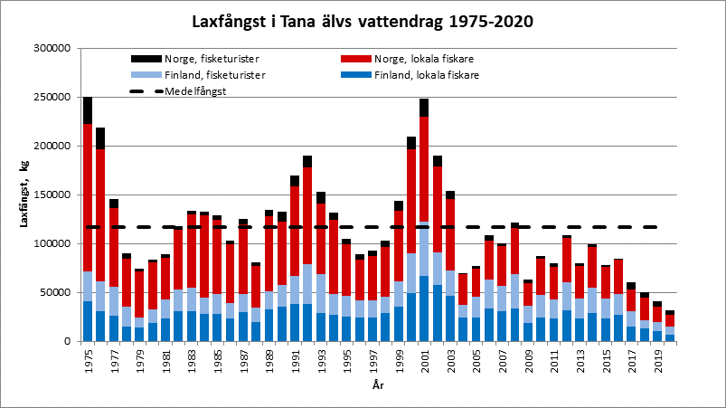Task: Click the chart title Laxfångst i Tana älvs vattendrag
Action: pos(362,20)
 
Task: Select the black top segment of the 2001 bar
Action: pos(423,108)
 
